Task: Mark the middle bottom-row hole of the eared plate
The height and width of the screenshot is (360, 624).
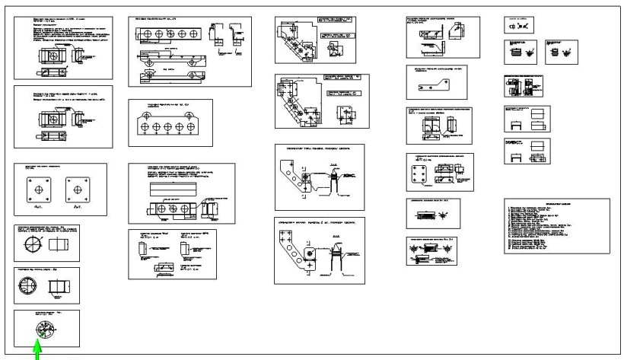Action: point(169,128)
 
